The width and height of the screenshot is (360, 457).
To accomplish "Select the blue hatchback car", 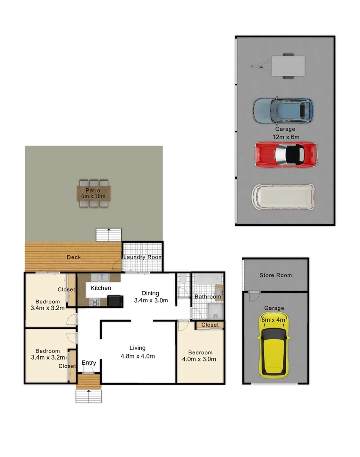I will pyautogui.click(x=283, y=110).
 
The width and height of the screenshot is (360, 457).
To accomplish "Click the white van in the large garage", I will pyautogui.click(x=283, y=196).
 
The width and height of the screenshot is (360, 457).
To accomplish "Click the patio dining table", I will pyautogui.click(x=94, y=193).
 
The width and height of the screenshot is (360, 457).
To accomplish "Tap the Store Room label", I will pyautogui.click(x=275, y=275).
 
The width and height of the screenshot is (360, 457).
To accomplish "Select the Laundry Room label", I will pyautogui.click(x=142, y=257).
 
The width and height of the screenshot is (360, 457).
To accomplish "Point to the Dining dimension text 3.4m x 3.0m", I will pyautogui.click(x=151, y=300).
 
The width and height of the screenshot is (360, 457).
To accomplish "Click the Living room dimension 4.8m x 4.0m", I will pyautogui.click(x=138, y=356).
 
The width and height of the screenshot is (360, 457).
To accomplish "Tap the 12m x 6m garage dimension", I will pyautogui.click(x=285, y=137).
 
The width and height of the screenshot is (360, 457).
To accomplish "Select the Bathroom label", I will pyautogui.click(x=208, y=297).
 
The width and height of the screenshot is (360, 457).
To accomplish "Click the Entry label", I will pyautogui.click(x=89, y=363).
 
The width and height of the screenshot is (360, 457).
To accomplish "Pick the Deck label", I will pyautogui.click(x=73, y=257).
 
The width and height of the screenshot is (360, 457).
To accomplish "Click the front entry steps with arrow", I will pyautogui.click(x=89, y=396).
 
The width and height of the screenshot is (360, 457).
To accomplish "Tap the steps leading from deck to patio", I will pyautogui.click(x=109, y=235).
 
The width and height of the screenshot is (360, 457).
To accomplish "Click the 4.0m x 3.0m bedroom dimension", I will pyautogui.click(x=200, y=359).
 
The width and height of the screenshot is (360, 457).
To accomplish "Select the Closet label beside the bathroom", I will pyautogui.click(x=210, y=325).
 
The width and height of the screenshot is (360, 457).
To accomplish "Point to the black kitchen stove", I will pyautogui.click(x=115, y=301).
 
